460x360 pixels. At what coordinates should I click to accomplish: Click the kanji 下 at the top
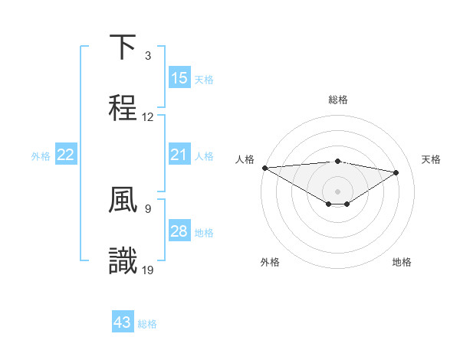tap(123, 47)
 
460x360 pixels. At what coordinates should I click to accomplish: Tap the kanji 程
tap(123, 106)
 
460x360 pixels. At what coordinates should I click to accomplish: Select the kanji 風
tap(123, 201)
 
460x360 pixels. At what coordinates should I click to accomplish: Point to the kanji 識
tap(123, 260)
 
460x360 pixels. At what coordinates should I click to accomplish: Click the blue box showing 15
tap(179, 78)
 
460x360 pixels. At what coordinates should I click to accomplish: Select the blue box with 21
tap(179, 155)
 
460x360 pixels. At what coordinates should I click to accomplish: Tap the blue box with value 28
tap(179, 231)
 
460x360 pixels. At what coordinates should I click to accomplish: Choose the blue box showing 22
tap(66, 155)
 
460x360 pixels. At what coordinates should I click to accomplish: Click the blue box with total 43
tap(123, 322)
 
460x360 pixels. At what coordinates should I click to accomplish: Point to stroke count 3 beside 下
tap(148, 56)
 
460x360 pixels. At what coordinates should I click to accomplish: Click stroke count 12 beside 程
tap(148, 117)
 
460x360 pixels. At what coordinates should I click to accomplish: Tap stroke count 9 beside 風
tap(148, 208)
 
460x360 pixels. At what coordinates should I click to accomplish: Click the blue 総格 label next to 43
tap(147, 324)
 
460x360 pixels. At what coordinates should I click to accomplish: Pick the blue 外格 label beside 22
tap(41, 155)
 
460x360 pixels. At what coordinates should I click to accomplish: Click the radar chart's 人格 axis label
tap(245, 159)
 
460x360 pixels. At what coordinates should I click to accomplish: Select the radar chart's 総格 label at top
tap(337, 100)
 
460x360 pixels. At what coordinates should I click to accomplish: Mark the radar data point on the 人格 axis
tap(264, 168)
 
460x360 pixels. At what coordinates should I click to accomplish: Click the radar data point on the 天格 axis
tap(396, 172)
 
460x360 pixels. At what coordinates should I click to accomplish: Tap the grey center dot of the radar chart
tap(337, 191)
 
